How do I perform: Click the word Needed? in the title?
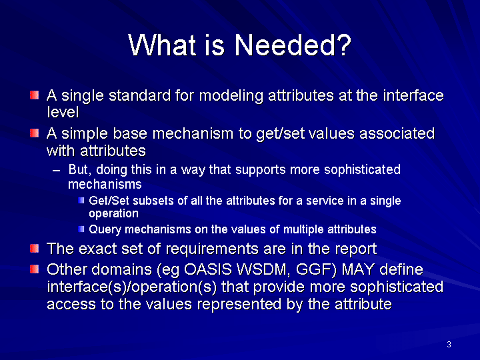click(x=293, y=45)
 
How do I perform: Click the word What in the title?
click(x=161, y=45)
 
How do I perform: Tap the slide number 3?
click(x=449, y=345)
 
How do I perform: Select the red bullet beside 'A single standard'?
click(x=34, y=95)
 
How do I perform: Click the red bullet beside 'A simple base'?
click(x=34, y=133)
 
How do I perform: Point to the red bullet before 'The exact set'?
click(x=34, y=248)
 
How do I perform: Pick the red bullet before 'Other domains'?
click(x=34, y=269)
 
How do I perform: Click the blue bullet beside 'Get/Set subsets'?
click(x=81, y=201)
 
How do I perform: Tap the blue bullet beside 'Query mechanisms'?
click(x=81, y=229)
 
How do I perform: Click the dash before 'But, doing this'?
click(x=56, y=171)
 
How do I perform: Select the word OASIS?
click(x=207, y=269)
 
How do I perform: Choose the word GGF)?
click(x=316, y=270)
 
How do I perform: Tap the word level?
click(x=63, y=112)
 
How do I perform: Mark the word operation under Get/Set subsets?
click(x=113, y=214)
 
